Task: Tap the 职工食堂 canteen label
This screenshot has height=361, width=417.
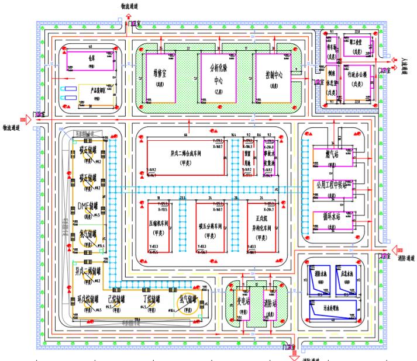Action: (x=356, y=51)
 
